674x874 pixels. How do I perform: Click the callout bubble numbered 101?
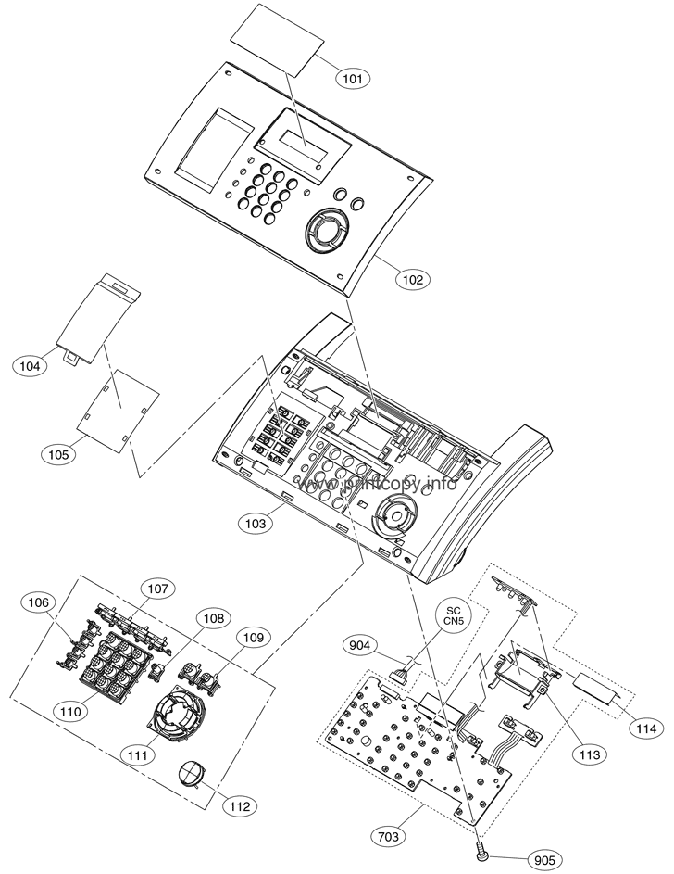click(353, 78)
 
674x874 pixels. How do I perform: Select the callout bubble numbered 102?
click(412, 279)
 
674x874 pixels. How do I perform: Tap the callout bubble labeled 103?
click(256, 524)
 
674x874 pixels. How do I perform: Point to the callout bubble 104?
click(30, 366)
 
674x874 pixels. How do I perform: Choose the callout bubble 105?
click(58, 454)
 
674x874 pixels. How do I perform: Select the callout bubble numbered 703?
click(388, 836)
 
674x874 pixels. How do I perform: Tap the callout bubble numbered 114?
click(647, 728)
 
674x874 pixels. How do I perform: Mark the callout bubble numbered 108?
click(214, 618)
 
